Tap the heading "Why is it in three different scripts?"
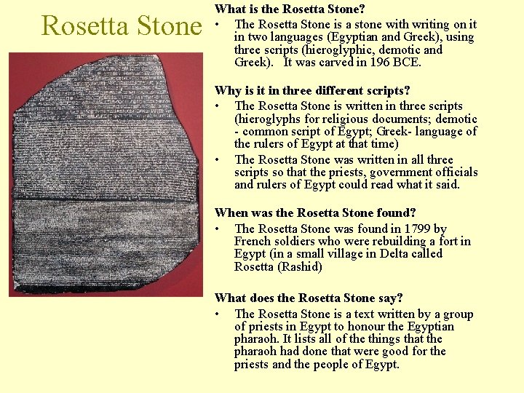(x=311, y=91)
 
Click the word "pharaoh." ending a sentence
(x=257, y=339)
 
